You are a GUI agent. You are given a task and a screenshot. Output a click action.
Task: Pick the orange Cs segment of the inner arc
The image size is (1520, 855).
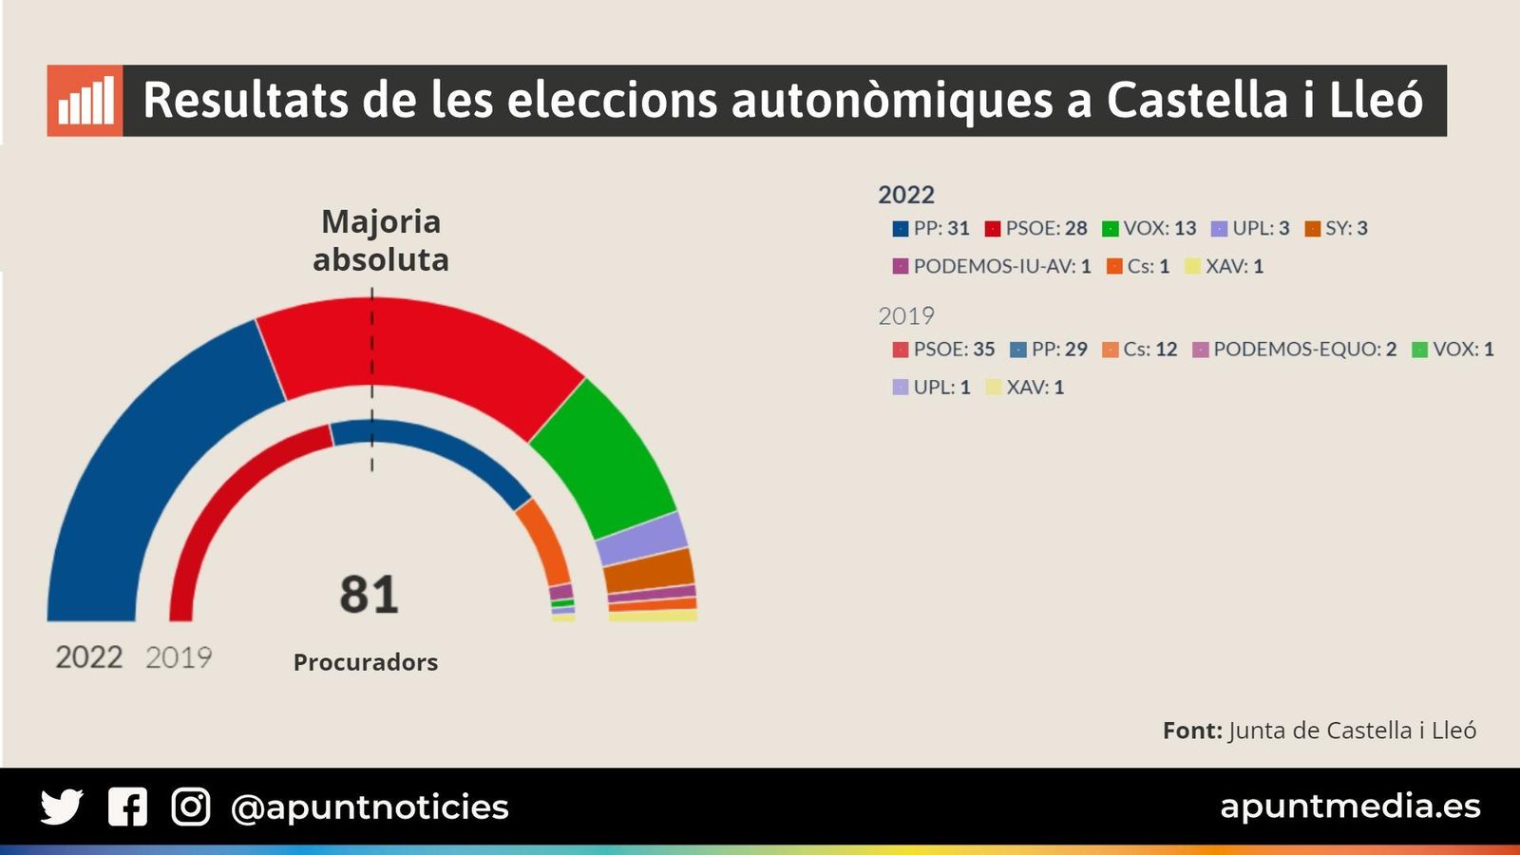click(545, 541)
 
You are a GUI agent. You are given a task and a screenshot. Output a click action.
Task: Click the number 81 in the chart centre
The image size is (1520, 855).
click(369, 595)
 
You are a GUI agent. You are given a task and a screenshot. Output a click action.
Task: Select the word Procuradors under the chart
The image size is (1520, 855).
click(366, 662)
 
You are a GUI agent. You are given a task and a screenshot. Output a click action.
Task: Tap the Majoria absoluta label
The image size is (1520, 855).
click(381, 240)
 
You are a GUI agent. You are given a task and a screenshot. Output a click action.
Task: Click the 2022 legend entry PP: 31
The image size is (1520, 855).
click(931, 228)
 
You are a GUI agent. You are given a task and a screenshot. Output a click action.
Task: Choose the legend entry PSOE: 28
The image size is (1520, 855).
click(1035, 228)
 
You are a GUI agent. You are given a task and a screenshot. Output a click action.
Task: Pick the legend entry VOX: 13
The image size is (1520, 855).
click(1149, 228)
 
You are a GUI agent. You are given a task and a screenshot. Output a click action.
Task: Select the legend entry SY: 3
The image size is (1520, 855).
click(1337, 228)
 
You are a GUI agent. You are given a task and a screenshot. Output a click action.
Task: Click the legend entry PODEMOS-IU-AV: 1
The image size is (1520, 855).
click(992, 266)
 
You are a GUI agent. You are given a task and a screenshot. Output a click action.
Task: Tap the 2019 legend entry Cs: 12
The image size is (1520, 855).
click(1140, 349)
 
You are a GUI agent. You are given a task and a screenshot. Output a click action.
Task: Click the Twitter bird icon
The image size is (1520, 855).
click(62, 807)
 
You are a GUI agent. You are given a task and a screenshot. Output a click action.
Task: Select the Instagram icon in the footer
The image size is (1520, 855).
click(190, 807)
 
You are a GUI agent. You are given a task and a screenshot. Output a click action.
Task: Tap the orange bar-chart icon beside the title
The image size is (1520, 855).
click(85, 101)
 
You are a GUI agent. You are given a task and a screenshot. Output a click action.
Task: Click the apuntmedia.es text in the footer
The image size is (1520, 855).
click(1350, 806)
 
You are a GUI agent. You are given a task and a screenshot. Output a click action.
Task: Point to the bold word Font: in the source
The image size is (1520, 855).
click(1192, 731)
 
